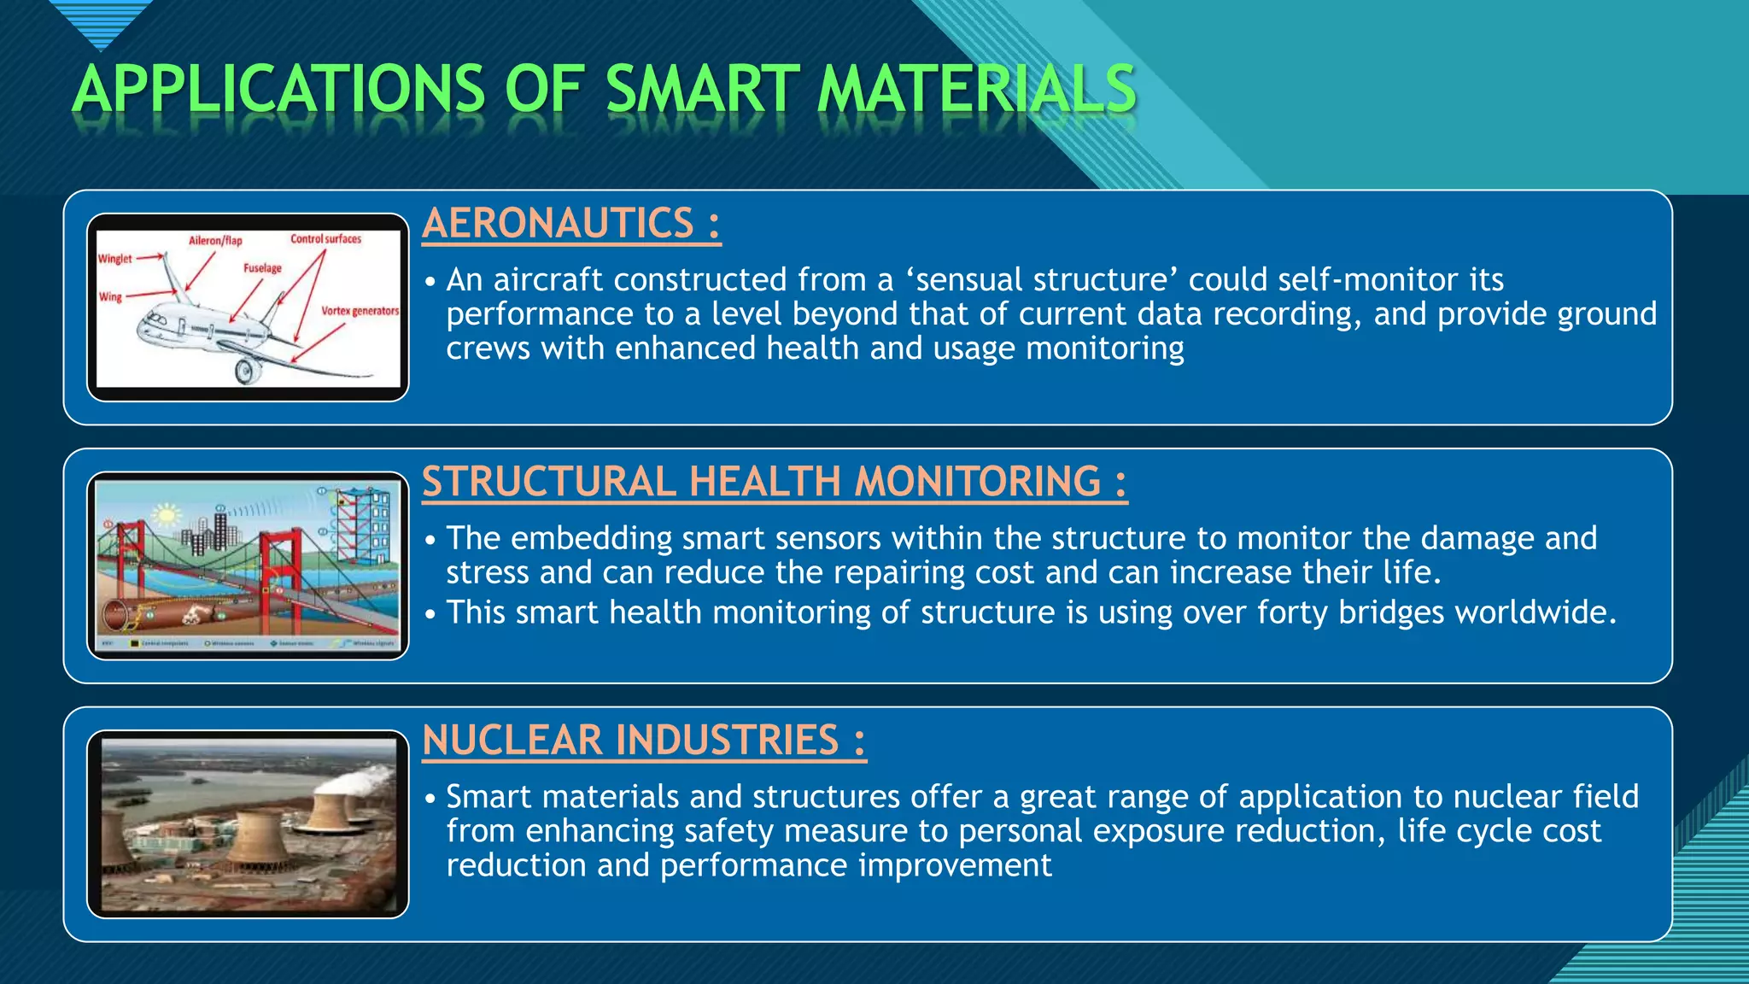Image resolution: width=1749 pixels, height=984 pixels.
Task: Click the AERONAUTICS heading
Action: (570, 224)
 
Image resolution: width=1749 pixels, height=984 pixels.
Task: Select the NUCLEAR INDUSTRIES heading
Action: (643, 741)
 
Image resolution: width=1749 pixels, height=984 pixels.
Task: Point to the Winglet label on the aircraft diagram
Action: (115, 259)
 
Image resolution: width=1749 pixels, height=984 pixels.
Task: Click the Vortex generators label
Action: (360, 311)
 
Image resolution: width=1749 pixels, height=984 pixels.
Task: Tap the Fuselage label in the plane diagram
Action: (262, 268)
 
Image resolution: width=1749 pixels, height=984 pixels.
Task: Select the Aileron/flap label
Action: (215, 241)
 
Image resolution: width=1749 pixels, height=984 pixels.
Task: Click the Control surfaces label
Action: (325, 239)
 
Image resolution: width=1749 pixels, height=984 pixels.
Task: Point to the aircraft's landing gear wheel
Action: (247, 371)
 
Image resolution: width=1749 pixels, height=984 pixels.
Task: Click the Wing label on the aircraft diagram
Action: (110, 297)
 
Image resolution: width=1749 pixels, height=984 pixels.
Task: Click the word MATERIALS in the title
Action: (976, 90)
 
